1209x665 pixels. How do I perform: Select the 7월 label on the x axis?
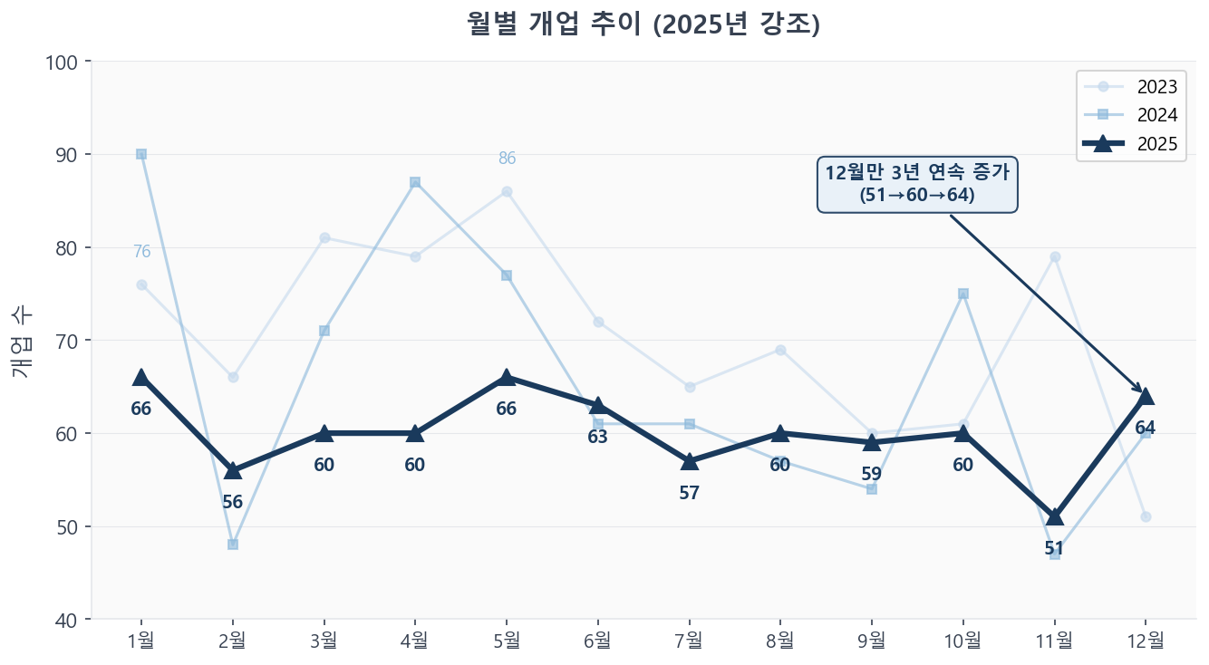(689, 641)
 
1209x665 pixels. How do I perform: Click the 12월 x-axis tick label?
(1146, 641)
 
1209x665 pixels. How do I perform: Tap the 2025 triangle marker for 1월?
(141, 377)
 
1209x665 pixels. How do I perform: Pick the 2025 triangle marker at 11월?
(1054, 516)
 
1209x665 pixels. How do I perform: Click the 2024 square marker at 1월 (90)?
(141, 154)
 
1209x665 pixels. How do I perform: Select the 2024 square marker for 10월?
(962, 294)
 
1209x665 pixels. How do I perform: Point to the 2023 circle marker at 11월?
(1054, 256)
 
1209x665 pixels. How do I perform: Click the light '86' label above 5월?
(507, 159)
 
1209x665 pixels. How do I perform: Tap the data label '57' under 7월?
(689, 493)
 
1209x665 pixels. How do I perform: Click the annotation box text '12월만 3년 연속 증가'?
(917, 172)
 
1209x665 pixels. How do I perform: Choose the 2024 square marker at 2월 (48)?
(233, 545)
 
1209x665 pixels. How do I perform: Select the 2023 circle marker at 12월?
(1146, 516)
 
